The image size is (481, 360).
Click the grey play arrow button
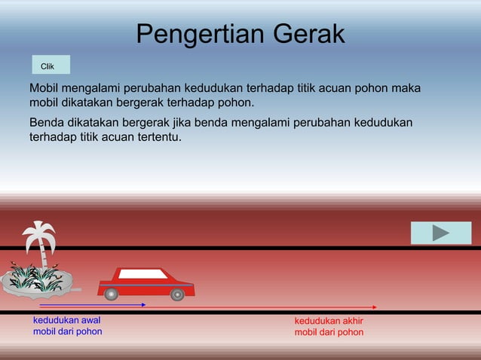click(x=441, y=233)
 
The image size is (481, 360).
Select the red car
click(x=146, y=284)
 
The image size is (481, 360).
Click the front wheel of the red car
click(x=177, y=294)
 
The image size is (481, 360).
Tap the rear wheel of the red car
click(x=112, y=294)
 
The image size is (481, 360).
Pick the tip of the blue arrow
click(x=145, y=304)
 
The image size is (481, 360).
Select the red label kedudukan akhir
click(x=329, y=320)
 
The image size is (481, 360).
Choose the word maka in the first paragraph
click(x=406, y=89)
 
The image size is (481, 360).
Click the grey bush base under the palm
click(x=38, y=285)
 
